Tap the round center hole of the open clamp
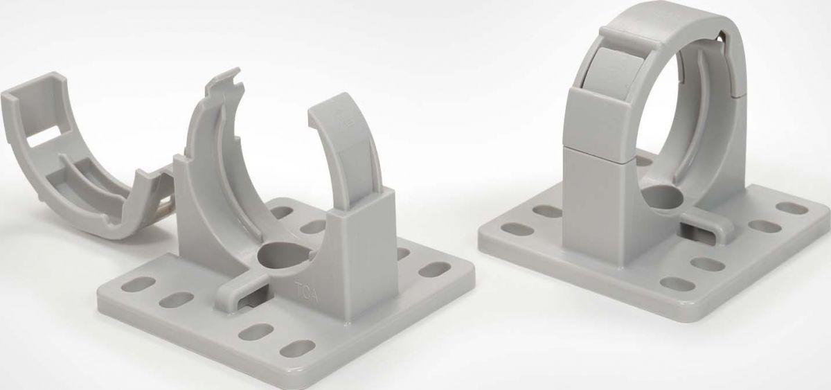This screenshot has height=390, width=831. (276, 256)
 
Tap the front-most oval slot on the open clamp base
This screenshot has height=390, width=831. (296, 349)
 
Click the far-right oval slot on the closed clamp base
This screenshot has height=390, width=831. (791, 208)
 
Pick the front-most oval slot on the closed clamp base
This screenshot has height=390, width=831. (674, 283)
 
